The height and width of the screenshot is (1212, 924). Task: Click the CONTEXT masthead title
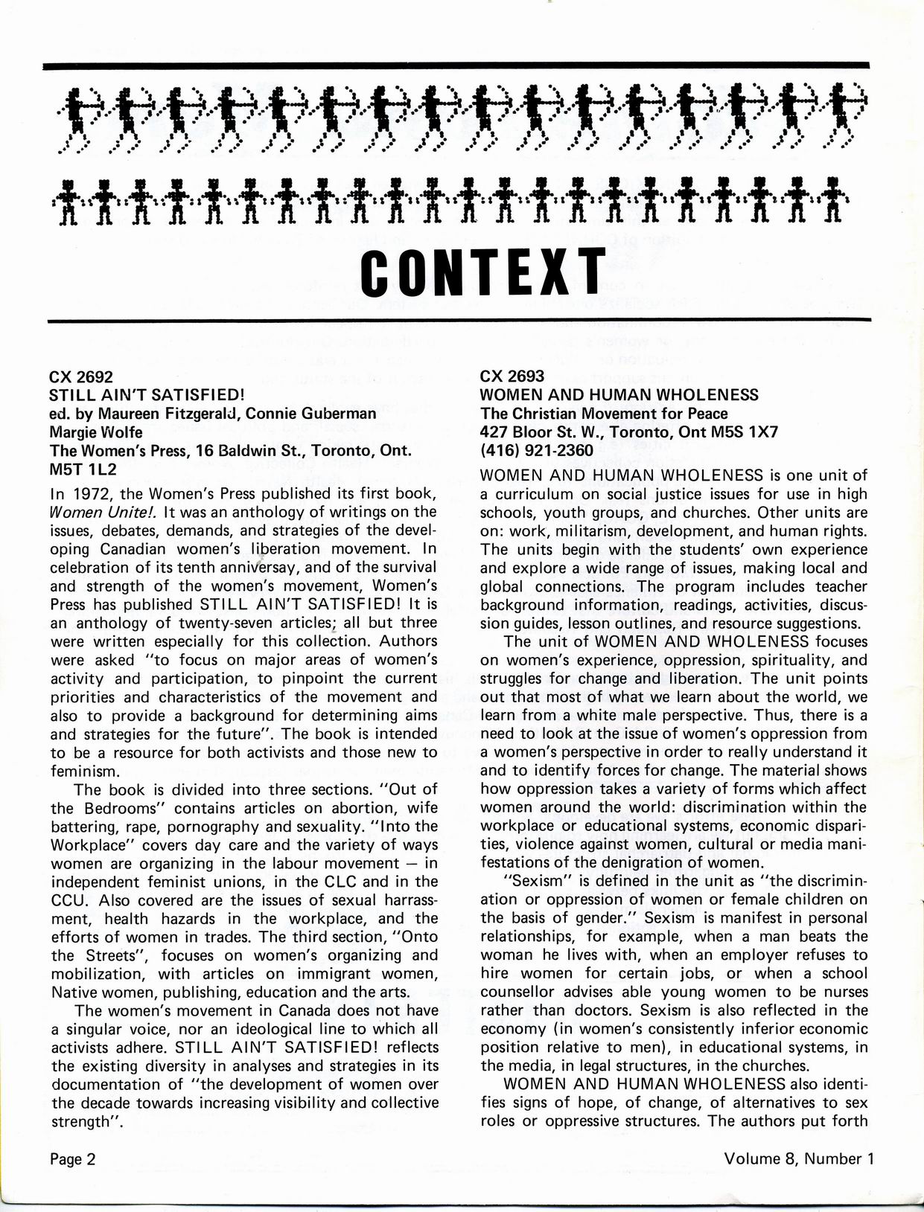(482, 271)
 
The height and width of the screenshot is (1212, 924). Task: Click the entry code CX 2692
(81, 376)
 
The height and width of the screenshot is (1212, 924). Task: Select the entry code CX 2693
(512, 376)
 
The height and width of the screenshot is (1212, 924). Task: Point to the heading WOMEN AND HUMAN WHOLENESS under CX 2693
(619, 395)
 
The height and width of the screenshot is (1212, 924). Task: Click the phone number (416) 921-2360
(537, 451)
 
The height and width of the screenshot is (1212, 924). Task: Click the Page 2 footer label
(73, 1158)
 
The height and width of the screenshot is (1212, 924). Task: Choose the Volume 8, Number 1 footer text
(797, 1158)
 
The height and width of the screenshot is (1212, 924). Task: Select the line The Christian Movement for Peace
(604, 414)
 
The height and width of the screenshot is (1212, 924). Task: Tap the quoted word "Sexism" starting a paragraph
(531, 881)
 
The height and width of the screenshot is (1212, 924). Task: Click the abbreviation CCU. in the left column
(69, 900)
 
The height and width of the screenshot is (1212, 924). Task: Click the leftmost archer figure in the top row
(80, 112)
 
